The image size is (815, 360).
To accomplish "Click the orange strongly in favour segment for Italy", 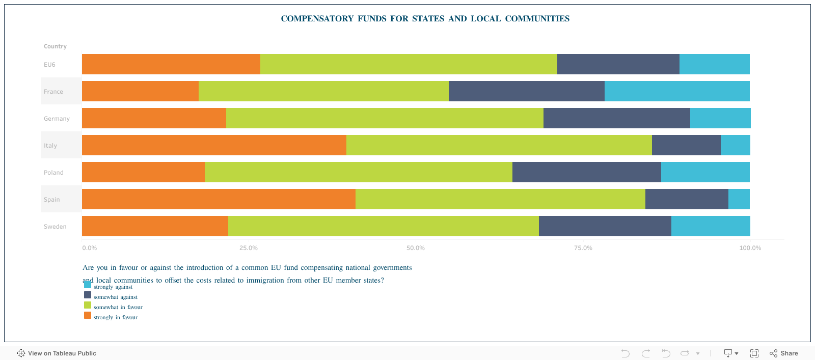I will tap(214, 145).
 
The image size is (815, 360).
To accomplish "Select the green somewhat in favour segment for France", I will tap(323, 91).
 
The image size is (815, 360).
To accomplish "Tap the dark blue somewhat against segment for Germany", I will tap(616, 118).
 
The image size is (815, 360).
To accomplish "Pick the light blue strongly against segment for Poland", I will tap(705, 172).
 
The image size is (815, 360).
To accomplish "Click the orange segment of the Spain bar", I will tap(219, 199).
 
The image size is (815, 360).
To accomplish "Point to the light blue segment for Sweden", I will tap(711, 226).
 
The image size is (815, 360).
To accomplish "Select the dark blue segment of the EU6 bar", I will tap(618, 64).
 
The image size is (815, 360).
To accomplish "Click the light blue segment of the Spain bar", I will tap(739, 199).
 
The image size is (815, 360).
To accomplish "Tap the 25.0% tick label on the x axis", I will tap(249, 248).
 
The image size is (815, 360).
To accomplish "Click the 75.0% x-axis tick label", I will tap(583, 248).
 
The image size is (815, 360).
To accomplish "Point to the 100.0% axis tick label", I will tap(750, 248).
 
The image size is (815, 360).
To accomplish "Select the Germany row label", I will tap(57, 119).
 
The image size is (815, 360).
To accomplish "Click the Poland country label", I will tap(53, 173).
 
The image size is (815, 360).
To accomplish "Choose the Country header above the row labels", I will tap(55, 46).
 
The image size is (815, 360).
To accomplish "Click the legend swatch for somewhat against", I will tap(88, 295).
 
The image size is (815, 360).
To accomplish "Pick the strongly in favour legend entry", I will tap(115, 317).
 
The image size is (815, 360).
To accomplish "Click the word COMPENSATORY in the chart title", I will tap(317, 19).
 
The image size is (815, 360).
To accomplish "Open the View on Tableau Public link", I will tap(57, 353).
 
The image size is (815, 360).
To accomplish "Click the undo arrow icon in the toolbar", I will tap(626, 353).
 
